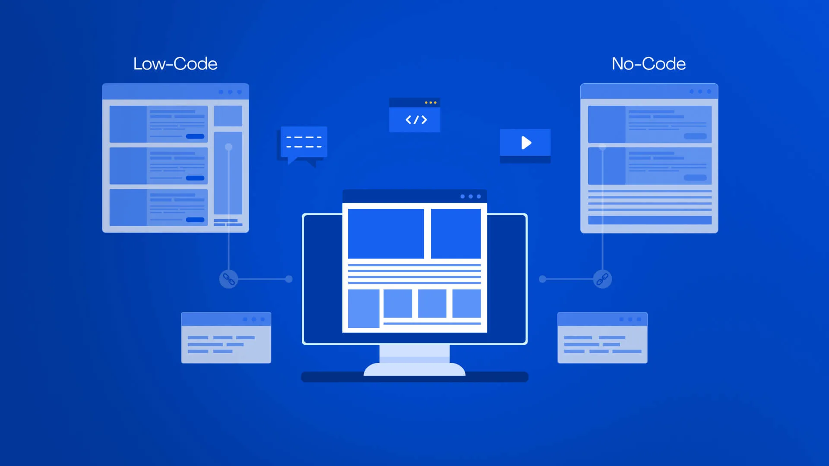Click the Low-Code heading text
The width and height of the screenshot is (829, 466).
[175, 64]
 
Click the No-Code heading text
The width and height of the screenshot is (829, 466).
[649, 64]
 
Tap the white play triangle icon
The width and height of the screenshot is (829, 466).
[526, 143]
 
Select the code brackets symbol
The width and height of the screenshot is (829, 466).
[416, 120]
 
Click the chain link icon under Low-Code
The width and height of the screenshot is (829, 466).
[228, 279]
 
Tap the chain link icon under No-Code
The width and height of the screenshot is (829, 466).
[602, 279]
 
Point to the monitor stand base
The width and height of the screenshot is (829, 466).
[414, 369]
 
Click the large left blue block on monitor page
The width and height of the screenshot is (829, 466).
[386, 233]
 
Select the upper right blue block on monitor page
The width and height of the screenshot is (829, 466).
[456, 233]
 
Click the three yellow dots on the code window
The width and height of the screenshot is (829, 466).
[430, 103]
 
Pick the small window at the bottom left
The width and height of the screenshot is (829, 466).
[226, 337]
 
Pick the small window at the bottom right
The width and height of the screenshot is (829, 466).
[602, 337]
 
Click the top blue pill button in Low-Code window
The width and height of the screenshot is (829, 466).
[195, 136]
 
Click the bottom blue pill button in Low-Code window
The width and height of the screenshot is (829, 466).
[195, 220]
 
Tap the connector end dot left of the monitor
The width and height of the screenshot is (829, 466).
[289, 279]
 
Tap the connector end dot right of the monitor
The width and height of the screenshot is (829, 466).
[542, 279]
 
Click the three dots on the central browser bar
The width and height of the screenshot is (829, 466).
[471, 196]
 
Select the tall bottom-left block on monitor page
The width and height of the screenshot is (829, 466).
[364, 309]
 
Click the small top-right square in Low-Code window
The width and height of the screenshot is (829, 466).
[228, 116]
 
